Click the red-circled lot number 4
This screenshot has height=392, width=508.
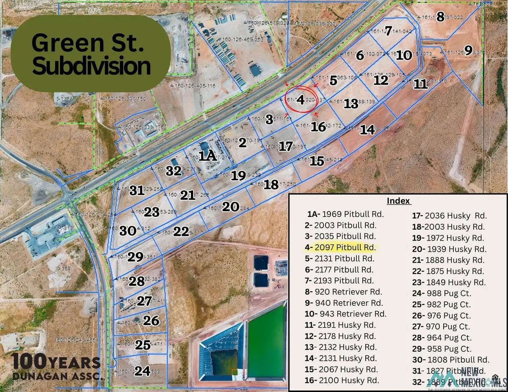300,100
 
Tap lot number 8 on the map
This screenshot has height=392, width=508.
440,17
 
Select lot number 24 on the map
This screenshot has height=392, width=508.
143,371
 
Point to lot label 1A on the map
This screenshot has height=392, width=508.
208,156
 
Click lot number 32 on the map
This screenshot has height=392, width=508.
174,171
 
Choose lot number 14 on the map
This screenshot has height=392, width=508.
367,129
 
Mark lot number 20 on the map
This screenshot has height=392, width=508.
231,207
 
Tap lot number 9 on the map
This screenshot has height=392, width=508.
468,50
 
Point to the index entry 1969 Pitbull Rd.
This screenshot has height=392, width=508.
342,214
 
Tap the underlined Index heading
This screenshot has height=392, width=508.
398,201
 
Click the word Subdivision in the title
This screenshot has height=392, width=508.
91,66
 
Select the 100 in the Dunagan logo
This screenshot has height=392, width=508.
29,362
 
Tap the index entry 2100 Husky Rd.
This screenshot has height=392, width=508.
341,380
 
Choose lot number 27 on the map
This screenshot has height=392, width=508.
144,301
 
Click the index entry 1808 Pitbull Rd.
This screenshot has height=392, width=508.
451,360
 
